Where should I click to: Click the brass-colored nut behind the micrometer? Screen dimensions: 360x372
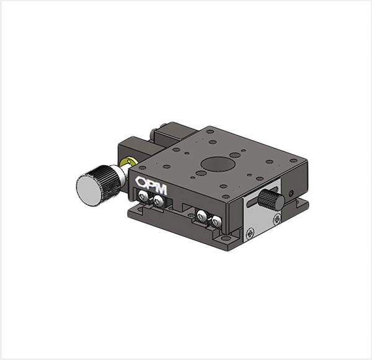[128, 163]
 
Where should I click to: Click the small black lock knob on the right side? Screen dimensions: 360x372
[271, 200]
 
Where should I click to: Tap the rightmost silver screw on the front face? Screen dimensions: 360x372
[216, 221]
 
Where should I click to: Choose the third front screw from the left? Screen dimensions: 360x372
[201, 216]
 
